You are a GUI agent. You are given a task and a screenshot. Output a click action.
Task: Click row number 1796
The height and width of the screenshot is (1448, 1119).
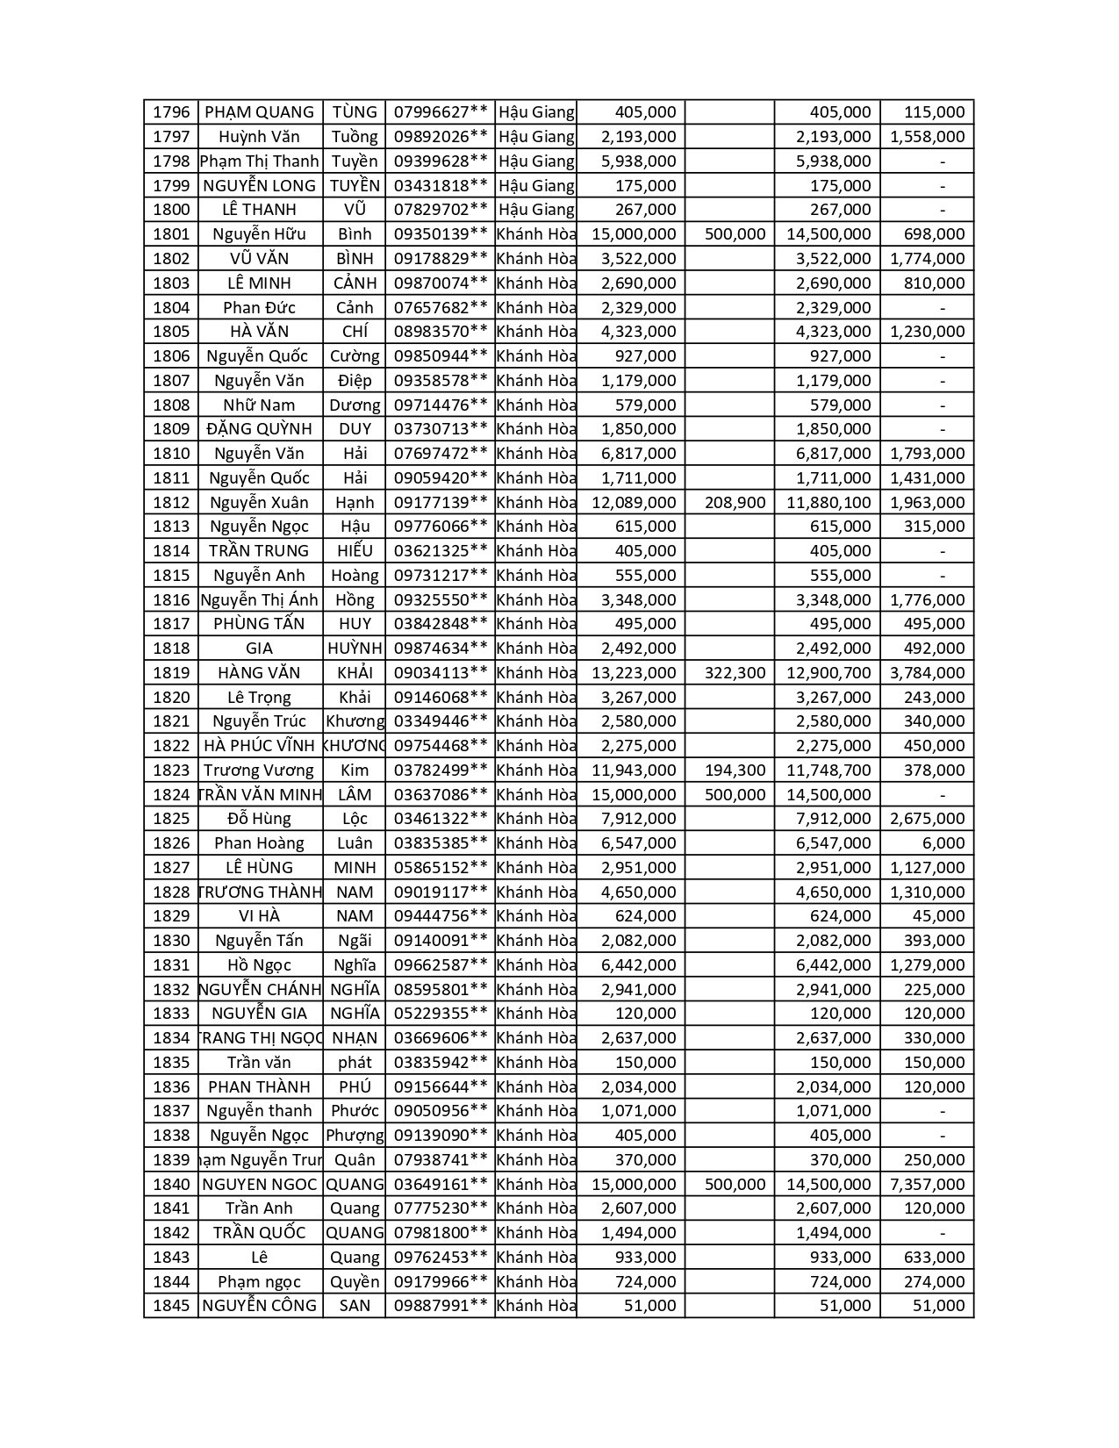pos(171,112)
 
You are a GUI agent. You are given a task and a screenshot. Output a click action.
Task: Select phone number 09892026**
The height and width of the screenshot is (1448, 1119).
pos(441,137)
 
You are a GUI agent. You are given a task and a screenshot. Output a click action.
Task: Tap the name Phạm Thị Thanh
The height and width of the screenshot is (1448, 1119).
pos(260,161)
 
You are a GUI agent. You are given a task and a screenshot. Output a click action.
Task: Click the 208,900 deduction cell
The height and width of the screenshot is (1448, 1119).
pos(735,503)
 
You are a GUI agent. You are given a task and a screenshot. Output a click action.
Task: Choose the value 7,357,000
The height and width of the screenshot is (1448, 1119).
pos(927,1185)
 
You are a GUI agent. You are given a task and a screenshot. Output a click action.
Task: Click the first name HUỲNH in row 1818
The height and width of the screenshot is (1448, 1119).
pos(355,649)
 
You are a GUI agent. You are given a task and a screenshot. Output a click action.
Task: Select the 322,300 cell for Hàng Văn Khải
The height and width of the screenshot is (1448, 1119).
pos(735,673)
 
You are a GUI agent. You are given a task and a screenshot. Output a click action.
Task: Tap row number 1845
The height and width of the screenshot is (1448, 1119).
pos(171,1306)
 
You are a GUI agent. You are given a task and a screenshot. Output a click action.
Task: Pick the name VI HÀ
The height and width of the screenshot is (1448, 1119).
pos(260,916)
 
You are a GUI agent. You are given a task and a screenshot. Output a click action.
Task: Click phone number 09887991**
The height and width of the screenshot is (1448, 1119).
pos(441,1306)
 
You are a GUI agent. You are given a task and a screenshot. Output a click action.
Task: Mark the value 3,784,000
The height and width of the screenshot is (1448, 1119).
pos(927,673)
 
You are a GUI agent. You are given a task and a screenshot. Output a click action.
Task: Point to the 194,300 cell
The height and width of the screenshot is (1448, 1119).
pos(735,771)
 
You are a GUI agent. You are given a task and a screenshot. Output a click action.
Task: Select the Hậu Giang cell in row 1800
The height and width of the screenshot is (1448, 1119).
pos(536,210)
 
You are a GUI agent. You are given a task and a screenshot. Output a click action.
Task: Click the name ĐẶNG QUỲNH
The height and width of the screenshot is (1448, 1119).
pos(260,429)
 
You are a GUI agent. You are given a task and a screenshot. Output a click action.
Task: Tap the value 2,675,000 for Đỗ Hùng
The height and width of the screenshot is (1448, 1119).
pos(927,819)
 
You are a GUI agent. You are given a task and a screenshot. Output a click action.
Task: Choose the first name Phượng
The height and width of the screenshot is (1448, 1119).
pos(355,1136)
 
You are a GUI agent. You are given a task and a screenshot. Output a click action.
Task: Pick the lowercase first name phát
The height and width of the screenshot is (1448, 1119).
pos(355,1063)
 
